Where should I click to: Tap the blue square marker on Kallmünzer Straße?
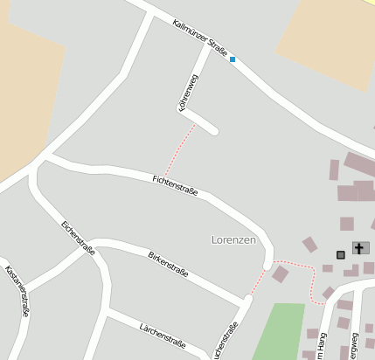(233, 59)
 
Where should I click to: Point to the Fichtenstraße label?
(175, 184)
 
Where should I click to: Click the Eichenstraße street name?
(78, 237)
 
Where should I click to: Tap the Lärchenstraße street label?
(163, 335)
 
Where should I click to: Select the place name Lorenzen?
(235, 239)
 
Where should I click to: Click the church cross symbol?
(358, 248)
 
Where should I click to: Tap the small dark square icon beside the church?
(340, 254)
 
